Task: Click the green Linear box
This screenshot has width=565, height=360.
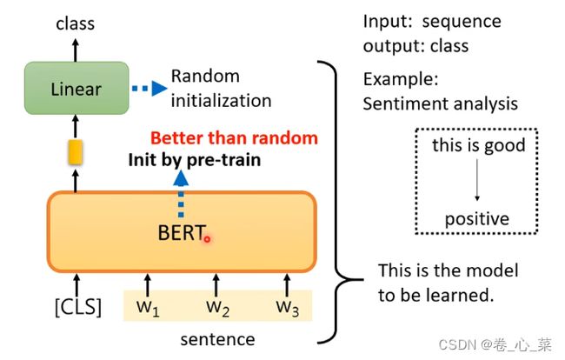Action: point(76,89)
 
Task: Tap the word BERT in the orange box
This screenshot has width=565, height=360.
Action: point(182,233)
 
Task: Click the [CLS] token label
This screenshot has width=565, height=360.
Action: point(78,307)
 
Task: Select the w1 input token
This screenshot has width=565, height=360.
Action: point(148,308)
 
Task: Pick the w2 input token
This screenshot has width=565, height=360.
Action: point(217,308)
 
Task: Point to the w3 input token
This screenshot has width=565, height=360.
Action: point(288,308)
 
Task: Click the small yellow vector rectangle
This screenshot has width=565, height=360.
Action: point(76,152)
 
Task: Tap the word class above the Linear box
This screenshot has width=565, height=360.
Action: point(76,23)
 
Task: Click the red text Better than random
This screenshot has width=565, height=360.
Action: point(234,138)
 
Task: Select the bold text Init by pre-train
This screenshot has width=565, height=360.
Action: point(195,160)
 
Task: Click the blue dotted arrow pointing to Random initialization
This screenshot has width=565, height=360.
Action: point(150,89)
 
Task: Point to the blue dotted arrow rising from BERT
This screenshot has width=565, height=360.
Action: point(181,194)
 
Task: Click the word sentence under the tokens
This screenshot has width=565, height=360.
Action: point(217,339)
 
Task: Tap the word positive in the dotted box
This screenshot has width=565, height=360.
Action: point(477,219)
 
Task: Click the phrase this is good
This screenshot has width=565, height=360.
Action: point(479,145)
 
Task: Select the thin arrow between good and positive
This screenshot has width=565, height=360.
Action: point(477,180)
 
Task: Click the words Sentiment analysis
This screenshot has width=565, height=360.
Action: point(441,103)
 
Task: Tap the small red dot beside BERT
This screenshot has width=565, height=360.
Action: point(207,238)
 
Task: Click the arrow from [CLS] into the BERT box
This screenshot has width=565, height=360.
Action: point(76,285)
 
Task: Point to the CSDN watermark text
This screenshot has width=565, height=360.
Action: point(495,345)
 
